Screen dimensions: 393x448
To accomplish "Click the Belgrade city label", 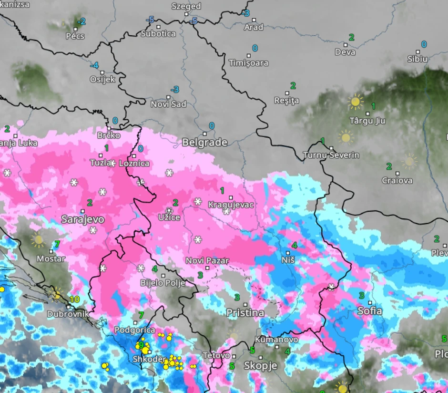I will pyautogui.click(x=204, y=142).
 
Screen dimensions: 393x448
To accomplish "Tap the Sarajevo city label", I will pyautogui.click(x=82, y=219).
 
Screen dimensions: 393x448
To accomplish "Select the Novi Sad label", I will pyautogui.click(x=168, y=104).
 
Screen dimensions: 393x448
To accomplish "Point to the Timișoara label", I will pyautogui.click(x=248, y=63).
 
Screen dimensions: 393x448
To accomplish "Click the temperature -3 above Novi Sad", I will pyautogui.click(x=175, y=90).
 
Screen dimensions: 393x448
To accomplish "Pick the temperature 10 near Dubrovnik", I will pyautogui.click(x=74, y=300).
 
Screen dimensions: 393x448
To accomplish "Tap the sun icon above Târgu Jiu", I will pyautogui.click(x=355, y=102).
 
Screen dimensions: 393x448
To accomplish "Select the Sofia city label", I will pyautogui.click(x=370, y=311).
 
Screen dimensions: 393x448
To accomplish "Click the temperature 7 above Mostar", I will pyautogui.click(x=57, y=244).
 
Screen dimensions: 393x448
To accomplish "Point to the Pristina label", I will pyautogui.click(x=245, y=313).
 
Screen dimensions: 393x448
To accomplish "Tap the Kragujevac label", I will pyautogui.click(x=231, y=205).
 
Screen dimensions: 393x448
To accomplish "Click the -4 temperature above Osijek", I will pyautogui.click(x=94, y=65).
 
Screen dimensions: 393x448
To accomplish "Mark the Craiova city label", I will pyautogui.click(x=397, y=181).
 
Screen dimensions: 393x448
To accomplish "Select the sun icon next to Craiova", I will pyautogui.click(x=409, y=161).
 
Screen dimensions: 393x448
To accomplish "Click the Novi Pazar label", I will pyautogui.click(x=207, y=261).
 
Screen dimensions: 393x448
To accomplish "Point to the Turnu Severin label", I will pyautogui.click(x=331, y=155).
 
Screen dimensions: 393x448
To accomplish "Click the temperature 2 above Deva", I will pyautogui.click(x=352, y=37).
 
